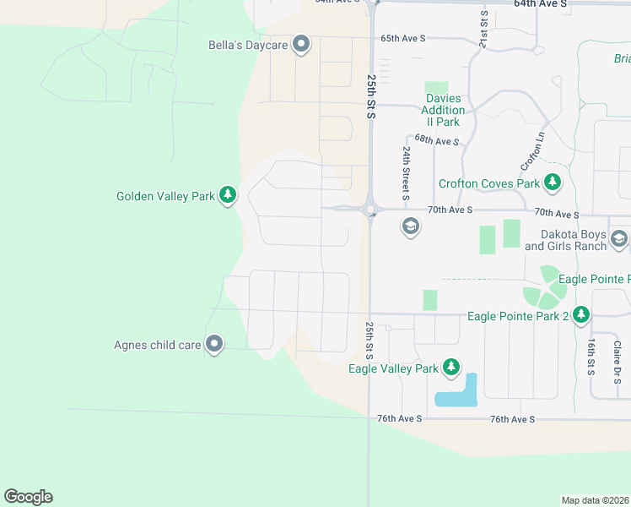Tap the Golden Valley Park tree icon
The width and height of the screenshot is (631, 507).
tap(227, 196)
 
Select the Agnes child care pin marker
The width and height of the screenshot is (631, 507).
tap(214, 344)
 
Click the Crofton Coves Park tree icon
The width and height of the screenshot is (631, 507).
tap(552, 183)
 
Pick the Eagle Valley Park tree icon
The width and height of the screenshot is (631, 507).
tap(451, 368)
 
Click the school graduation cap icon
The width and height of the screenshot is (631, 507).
tap(411, 226)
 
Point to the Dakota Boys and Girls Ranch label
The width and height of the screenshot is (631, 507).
tap(565, 240)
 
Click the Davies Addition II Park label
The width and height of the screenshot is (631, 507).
tap(443, 110)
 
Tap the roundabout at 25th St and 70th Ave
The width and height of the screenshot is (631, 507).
tap(369, 209)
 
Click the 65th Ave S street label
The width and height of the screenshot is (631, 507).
tap(403, 38)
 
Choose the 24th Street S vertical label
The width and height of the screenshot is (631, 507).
tap(407, 172)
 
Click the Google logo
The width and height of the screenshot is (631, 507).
tap(28, 497)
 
